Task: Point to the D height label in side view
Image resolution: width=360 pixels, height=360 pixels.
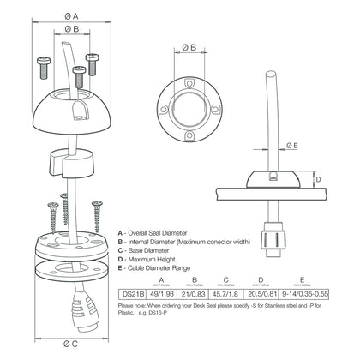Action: (317, 178)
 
